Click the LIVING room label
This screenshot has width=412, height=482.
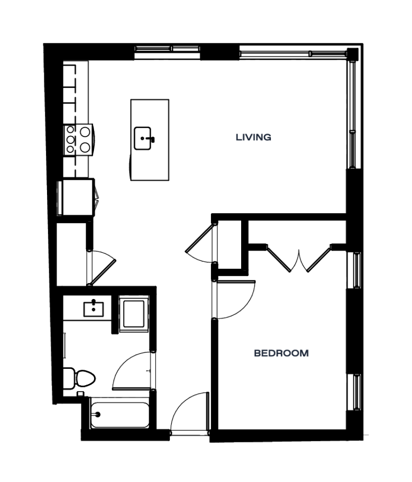[253, 137]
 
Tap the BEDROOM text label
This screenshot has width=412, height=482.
[282, 353]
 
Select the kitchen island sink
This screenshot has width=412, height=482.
[143, 138]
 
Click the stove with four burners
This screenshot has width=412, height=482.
[78, 140]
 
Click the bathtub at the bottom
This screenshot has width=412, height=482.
[120, 414]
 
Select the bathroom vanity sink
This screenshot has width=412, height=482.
[94, 308]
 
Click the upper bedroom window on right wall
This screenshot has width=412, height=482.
[357, 270]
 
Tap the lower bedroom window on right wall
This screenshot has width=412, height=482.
[357, 392]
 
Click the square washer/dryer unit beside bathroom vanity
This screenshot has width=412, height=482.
[134, 313]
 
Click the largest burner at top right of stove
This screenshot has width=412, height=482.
[85, 132]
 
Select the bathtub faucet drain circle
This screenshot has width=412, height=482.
[98, 414]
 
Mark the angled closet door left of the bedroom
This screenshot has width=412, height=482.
[200, 238]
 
